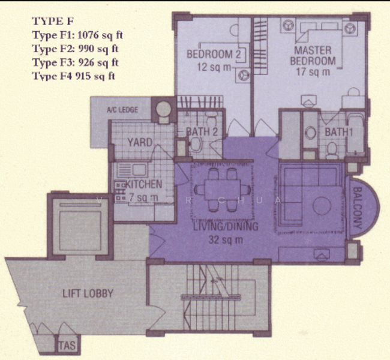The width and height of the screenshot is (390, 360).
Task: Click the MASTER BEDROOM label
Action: point(313,55)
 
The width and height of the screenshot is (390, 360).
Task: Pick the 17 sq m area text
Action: point(313,72)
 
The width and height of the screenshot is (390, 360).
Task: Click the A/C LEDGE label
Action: point(122,110)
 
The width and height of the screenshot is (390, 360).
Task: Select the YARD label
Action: point(140,143)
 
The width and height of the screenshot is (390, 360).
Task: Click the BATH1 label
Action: point(337,132)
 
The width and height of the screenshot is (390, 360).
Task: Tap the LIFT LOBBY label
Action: point(88,294)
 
